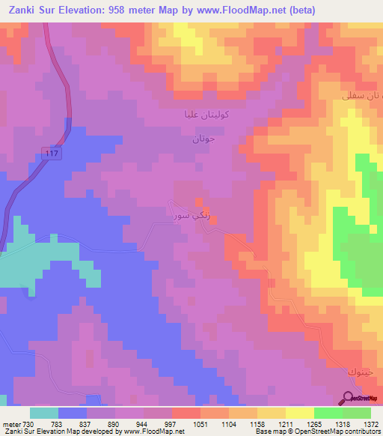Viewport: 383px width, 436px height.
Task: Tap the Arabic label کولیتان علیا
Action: coord(206,116)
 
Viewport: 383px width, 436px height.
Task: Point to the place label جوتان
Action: coord(203,139)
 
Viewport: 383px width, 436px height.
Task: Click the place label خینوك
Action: coord(358,372)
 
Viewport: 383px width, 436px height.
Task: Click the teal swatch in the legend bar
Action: coord(43,413)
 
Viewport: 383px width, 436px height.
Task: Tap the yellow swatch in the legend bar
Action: coord(299,413)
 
